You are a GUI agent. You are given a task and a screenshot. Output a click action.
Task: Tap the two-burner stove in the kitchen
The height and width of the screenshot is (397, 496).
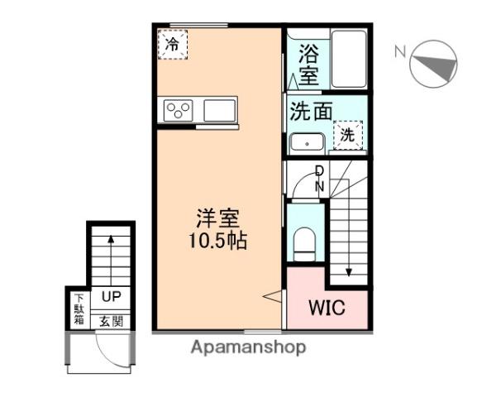coord(179,109)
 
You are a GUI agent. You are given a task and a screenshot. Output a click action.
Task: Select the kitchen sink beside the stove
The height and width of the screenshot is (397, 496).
coord(218,109)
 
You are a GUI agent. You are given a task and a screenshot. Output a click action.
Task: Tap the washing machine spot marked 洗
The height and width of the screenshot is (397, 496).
coord(348,134)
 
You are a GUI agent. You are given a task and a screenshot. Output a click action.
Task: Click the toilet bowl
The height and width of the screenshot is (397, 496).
coord(304,242)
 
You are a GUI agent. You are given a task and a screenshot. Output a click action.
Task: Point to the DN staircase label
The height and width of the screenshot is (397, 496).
coord(319,179)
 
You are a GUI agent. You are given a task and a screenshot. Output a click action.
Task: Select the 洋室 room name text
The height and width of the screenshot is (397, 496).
coord(217,220)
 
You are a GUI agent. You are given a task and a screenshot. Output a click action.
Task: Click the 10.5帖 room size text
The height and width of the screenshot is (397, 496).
coord(217,242)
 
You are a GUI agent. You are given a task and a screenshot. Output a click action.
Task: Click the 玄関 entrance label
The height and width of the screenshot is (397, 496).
coord(111,321)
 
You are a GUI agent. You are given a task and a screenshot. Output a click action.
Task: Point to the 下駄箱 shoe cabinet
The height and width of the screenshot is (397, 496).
coord(79,309)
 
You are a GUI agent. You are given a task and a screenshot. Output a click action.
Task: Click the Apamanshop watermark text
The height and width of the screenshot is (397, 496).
coord(248,347)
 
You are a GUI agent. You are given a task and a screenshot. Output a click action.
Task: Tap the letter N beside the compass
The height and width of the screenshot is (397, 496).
coord(399,52)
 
